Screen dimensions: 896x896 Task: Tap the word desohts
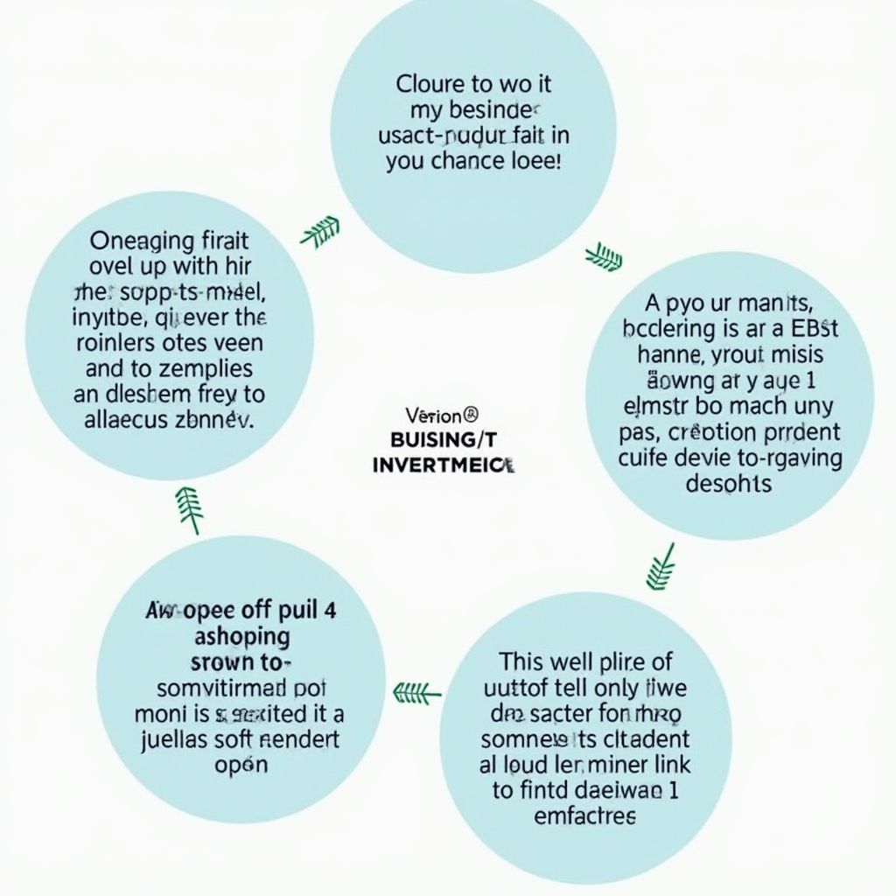[x=729, y=484]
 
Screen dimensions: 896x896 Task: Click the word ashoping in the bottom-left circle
[x=241, y=636]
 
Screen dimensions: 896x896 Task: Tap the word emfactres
[x=584, y=816]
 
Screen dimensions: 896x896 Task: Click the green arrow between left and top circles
[x=319, y=232]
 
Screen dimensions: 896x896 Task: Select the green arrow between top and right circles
[x=604, y=257]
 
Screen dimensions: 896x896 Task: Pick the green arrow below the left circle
[x=190, y=508]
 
